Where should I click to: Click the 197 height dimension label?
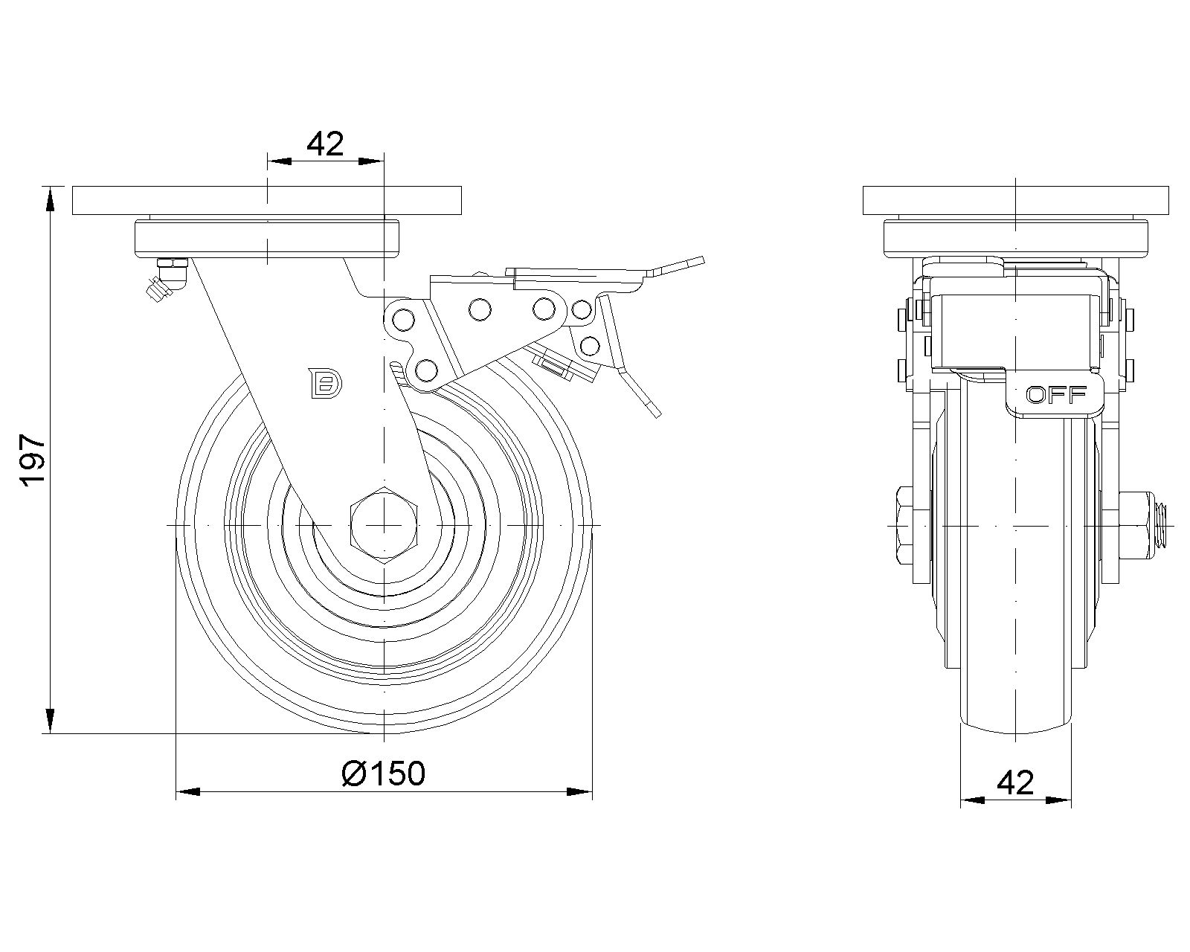33,460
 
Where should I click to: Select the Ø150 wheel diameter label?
384,773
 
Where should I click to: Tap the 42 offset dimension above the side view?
325,144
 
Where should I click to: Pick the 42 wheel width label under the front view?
1015,782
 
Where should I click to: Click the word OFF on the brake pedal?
1056,395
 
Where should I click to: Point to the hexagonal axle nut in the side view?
384,524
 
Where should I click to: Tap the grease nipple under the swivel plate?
166,277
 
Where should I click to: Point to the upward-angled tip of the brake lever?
678,266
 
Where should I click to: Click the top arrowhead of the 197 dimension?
50,199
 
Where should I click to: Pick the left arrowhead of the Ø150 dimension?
188,791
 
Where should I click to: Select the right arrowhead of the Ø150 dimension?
579,791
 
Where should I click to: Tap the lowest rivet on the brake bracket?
425,370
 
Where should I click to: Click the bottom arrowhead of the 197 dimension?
50,721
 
